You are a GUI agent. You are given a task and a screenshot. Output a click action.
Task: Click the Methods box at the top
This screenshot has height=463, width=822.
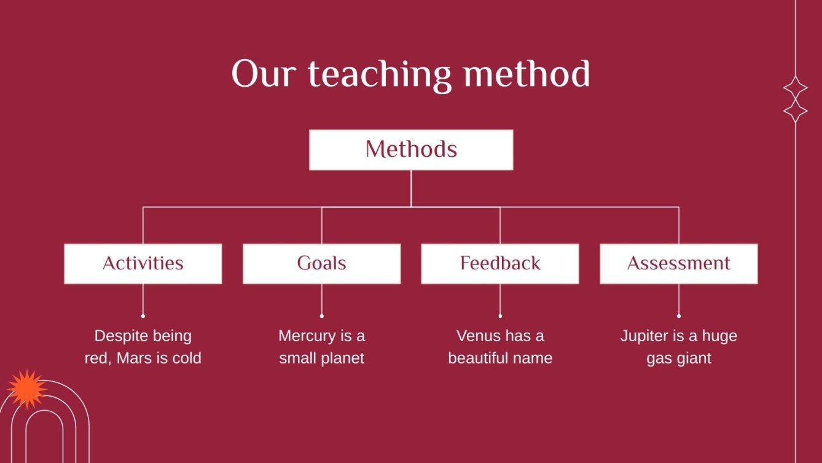[x=411, y=150]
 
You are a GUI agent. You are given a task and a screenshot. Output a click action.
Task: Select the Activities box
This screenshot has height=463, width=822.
[x=143, y=264]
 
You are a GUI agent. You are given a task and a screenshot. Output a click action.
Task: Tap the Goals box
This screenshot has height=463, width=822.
[x=321, y=264]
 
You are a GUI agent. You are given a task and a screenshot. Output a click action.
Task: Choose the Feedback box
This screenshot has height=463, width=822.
[x=500, y=264]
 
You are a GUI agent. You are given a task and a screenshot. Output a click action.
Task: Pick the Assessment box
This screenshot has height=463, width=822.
[x=678, y=264]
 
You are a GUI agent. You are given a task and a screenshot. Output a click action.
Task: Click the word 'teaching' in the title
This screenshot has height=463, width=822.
[x=379, y=75]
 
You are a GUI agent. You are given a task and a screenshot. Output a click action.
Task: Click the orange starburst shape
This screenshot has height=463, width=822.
[x=27, y=389]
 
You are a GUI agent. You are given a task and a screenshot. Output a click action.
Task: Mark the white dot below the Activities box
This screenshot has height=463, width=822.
[x=143, y=316]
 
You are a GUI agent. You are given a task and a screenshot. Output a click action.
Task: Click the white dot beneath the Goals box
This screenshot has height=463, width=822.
[x=322, y=316]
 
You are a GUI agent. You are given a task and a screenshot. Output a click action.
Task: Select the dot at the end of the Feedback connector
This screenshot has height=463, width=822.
[x=500, y=316]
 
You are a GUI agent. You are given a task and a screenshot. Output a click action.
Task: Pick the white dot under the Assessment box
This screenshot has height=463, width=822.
[x=679, y=316]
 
